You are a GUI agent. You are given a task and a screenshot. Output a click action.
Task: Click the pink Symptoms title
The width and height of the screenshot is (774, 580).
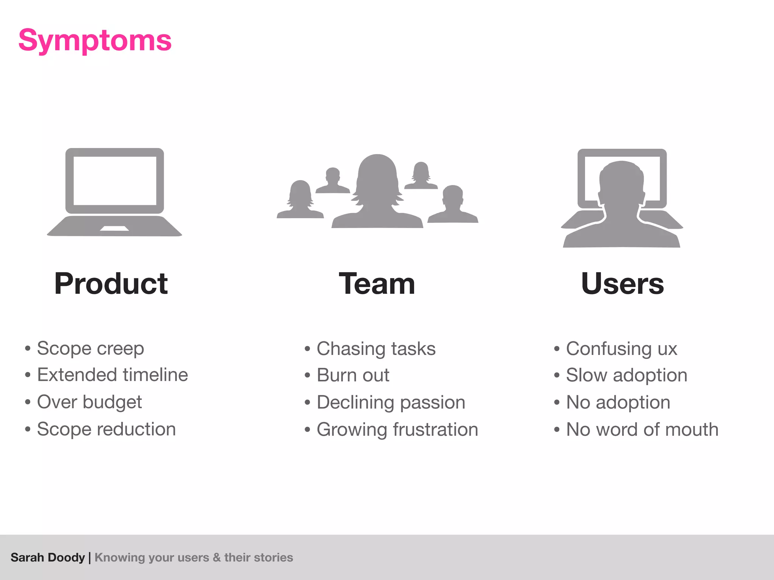coord(95,40)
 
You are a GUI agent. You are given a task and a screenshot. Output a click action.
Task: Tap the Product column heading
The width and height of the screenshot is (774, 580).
coord(111,284)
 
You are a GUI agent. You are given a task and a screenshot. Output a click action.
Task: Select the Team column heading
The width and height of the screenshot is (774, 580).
coord(377,284)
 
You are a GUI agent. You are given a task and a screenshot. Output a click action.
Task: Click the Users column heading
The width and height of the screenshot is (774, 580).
coord(622,284)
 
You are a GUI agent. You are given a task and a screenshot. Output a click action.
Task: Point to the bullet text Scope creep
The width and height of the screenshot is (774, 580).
coord(90,348)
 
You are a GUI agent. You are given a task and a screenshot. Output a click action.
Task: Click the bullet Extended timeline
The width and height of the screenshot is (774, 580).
coord(112,375)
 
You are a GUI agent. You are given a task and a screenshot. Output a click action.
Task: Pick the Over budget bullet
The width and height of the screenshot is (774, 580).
coord(89,402)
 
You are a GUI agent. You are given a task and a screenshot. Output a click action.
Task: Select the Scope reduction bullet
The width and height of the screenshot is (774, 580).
coord(106,429)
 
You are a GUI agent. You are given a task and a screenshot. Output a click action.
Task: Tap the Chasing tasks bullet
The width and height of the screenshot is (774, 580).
coord(376,349)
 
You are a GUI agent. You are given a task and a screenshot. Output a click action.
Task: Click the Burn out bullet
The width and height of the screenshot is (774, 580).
coord(353,375)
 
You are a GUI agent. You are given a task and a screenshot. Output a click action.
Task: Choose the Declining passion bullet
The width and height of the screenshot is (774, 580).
coord(391,402)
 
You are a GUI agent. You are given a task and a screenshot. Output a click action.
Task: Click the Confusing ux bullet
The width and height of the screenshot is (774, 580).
coord(621,349)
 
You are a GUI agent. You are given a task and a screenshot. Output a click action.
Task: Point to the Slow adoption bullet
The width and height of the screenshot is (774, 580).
coord(626,375)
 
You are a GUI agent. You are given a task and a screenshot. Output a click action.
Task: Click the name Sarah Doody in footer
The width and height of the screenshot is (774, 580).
coord(48,557)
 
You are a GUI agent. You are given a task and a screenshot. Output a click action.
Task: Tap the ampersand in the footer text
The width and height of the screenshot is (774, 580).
coord(217,557)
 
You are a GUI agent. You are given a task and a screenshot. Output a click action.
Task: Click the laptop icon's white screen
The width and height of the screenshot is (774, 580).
coord(115,180)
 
